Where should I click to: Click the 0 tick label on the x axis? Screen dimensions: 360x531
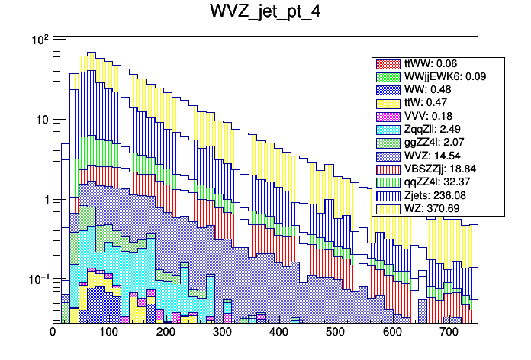pyautogui.click(x=53, y=333)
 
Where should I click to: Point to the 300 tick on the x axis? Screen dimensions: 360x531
pyautogui.click(x=222, y=333)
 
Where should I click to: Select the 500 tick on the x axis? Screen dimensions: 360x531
pyautogui.click(x=335, y=333)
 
